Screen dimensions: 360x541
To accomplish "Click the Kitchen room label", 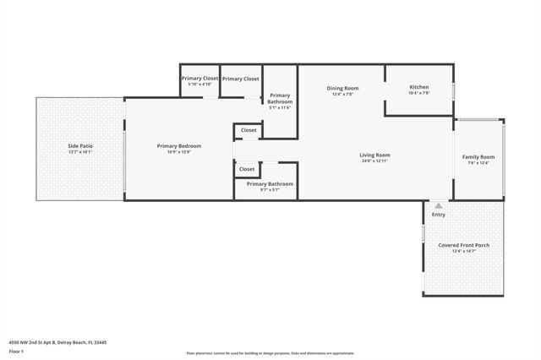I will tap(419, 88).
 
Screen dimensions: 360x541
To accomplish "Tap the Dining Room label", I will tap(343, 88).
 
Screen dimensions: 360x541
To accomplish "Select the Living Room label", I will tap(374, 155).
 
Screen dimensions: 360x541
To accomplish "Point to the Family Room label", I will tap(478, 157).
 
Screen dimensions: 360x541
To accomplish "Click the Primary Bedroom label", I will tap(179, 146).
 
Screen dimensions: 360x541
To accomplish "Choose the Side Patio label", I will tap(80, 146).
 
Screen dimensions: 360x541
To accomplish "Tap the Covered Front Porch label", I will tap(464, 245).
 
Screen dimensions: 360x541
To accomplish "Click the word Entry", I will tap(438, 215).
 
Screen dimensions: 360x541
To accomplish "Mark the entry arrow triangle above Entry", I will tap(438, 205).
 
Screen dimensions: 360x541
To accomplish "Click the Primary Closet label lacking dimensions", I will tap(241, 79).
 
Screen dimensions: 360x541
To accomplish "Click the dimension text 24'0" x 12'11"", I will tap(374, 161).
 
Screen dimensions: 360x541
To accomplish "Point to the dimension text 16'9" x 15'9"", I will tap(179, 152).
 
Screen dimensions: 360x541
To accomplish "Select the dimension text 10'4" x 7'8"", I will tap(419, 94).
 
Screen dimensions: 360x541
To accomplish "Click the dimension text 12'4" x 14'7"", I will tap(464, 251).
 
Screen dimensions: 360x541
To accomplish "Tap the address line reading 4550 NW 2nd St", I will tap(57, 342).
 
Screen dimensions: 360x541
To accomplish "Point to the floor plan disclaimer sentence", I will tap(270, 353).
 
